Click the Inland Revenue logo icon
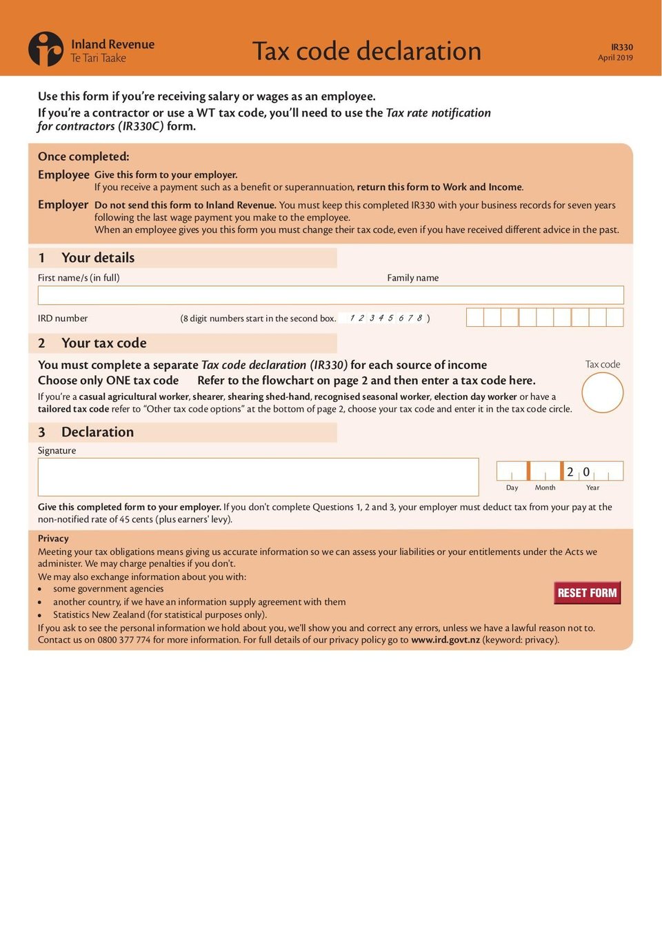46,49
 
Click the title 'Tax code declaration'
366,51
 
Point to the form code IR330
621,47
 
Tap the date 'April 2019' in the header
615,58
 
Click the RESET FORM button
587,593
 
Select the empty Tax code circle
602,392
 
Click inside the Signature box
258,476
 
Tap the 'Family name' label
412,278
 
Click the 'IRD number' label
63,319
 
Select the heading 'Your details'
98,258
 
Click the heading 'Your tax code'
103,343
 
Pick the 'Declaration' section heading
97,432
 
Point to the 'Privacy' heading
53,539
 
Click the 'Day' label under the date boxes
512,487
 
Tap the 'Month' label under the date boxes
545,487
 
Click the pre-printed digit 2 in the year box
570,472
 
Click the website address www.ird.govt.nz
445,640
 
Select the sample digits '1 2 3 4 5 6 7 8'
386,319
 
